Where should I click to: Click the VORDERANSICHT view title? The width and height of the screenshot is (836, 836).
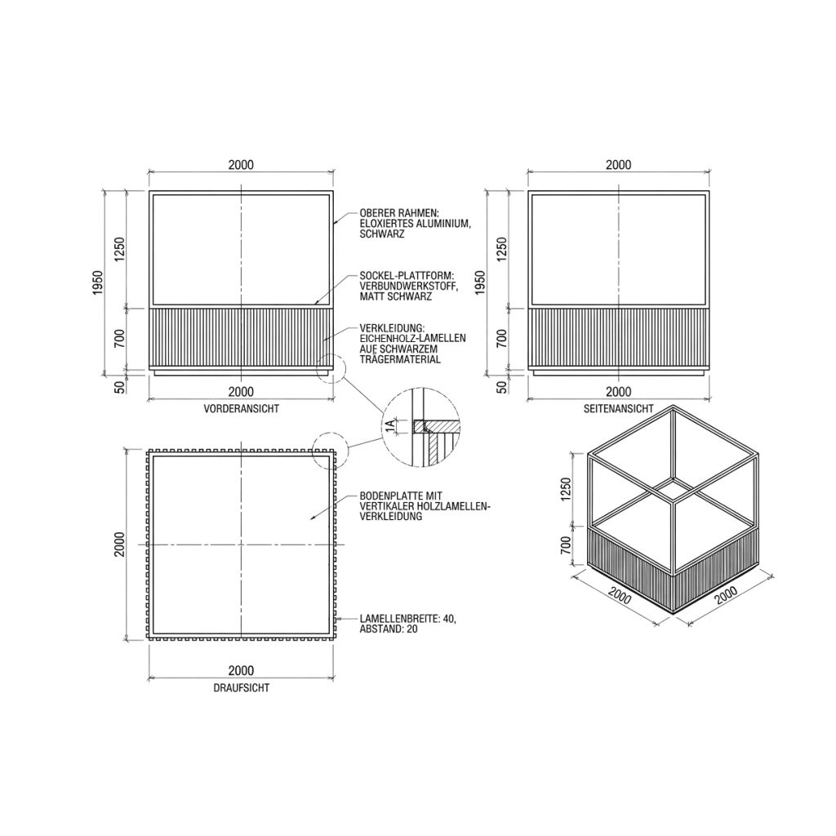241,409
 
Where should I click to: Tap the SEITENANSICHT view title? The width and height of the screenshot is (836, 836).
619,409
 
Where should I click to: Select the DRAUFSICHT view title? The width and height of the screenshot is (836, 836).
242,687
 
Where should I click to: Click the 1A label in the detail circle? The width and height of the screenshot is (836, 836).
391,425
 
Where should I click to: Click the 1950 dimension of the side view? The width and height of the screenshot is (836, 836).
481,283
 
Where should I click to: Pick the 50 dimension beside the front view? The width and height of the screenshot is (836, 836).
121,386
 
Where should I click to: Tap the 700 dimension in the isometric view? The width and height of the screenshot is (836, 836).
567,545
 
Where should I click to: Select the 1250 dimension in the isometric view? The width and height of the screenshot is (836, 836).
567,489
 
